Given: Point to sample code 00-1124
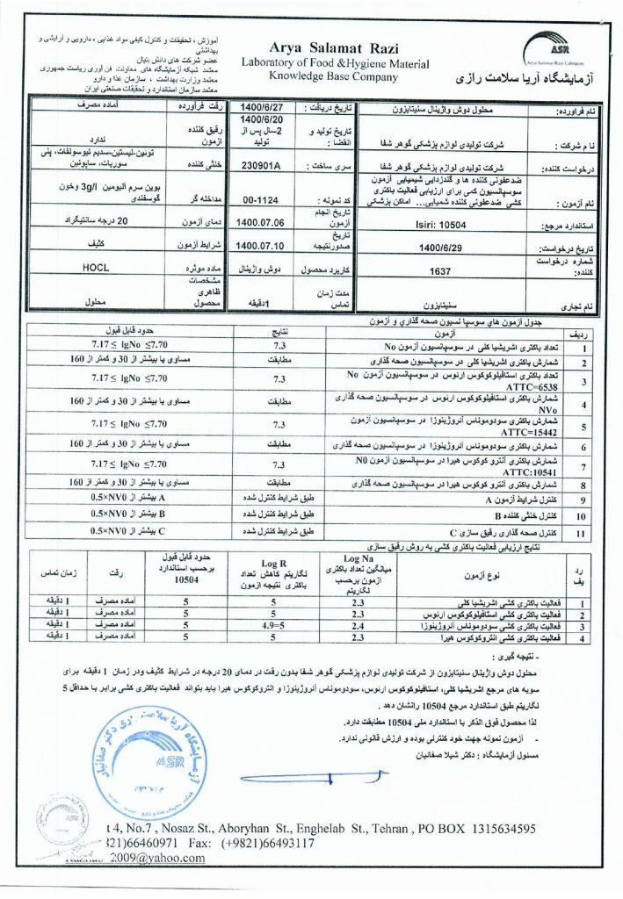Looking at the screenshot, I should click(x=261, y=199).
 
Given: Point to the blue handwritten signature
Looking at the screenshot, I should click(x=316, y=777).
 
